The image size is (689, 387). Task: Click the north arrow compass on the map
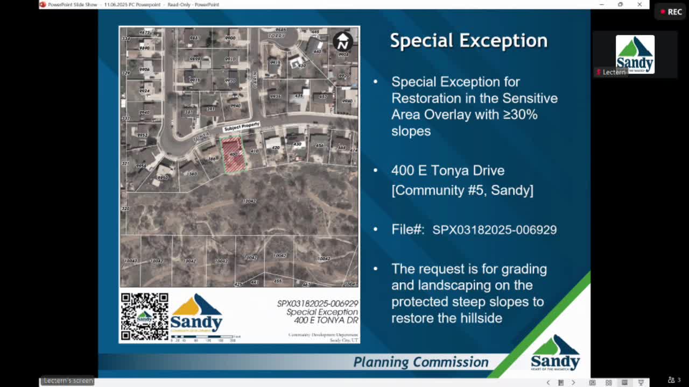(x=343, y=41)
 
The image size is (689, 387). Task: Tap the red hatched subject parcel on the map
(x=233, y=155)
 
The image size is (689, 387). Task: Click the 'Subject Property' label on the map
(x=242, y=127)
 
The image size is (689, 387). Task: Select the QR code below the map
(x=144, y=317)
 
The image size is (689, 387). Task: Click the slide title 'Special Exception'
(x=468, y=41)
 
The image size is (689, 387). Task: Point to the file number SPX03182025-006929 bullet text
(x=494, y=230)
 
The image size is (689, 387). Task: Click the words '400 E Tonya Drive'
(x=448, y=171)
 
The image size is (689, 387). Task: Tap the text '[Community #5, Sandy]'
(x=462, y=190)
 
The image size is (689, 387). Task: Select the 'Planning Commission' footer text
(x=420, y=362)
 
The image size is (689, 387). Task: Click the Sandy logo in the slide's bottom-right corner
(x=555, y=353)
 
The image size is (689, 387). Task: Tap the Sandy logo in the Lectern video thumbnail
(x=635, y=54)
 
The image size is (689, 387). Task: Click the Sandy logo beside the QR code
(x=196, y=313)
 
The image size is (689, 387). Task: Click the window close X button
(x=639, y=4)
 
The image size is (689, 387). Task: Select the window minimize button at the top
(x=601, y=4)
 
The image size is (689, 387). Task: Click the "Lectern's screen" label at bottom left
(x=68, y=381)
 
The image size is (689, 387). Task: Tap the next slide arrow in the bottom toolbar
(x=573, y=383)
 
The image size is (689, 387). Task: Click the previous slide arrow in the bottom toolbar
(x=548, y=383)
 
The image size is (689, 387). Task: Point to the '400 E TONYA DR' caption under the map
(x=326, y=320)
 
